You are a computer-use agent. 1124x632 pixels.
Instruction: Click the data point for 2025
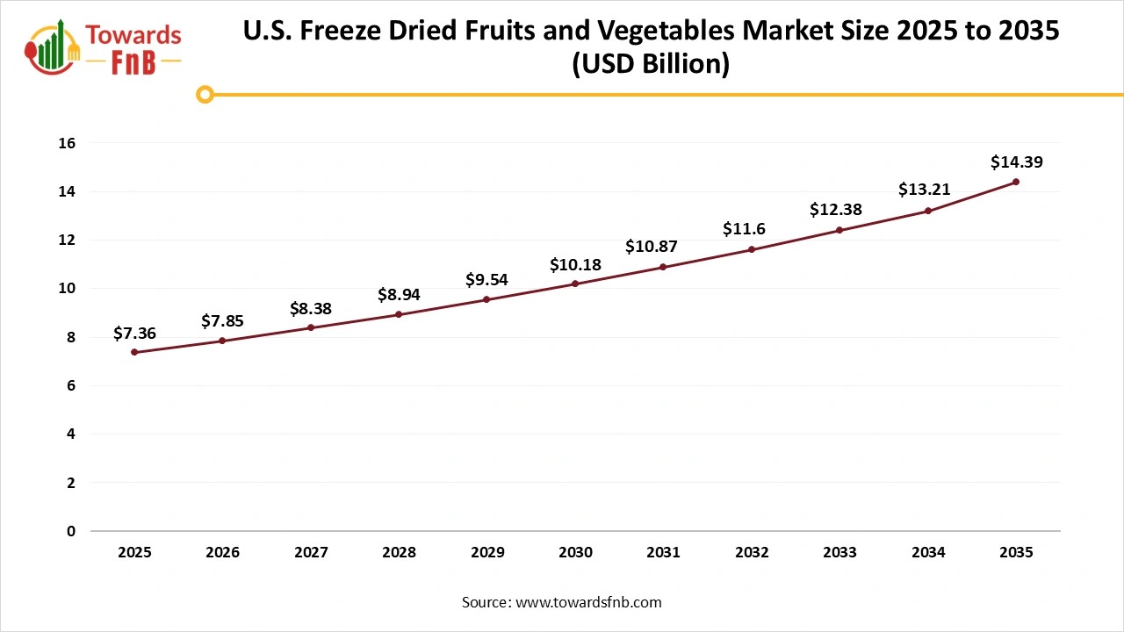click(134, 352)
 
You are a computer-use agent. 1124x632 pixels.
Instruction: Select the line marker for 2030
click(575, 284)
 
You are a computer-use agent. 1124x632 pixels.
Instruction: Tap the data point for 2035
click(1016, 182)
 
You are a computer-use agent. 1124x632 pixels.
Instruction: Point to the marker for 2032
click(752, 249)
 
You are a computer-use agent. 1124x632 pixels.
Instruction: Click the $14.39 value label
click(1016, 162)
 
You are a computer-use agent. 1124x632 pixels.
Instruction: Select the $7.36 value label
click(134, 333)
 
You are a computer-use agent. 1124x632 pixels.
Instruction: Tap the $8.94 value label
click(399, 294)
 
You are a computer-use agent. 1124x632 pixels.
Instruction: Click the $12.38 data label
click(835, 210)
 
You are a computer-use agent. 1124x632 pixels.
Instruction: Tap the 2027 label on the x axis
click(311, 553)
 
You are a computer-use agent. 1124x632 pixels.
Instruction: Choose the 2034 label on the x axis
click(928, 553)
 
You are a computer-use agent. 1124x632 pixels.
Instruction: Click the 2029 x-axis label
click(487, 553)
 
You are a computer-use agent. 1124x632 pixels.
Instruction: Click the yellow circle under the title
click(205, 94)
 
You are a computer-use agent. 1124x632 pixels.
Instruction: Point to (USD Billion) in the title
click(651, 65)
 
